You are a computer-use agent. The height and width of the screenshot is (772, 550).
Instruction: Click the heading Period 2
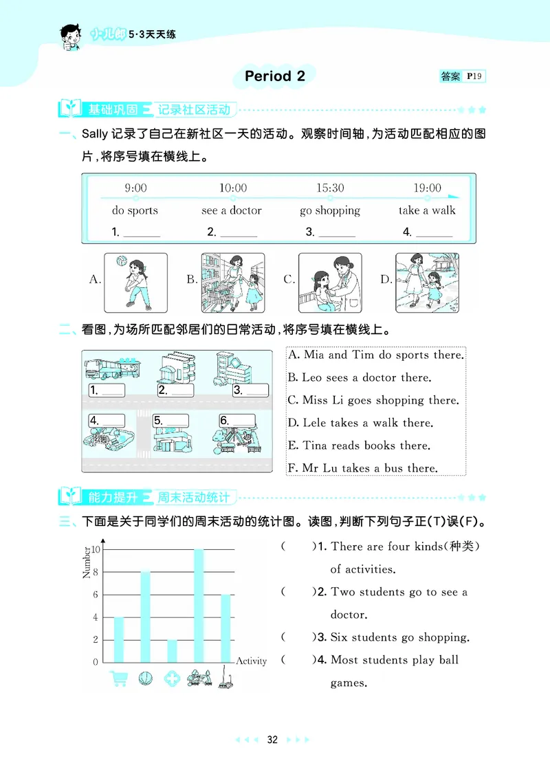[x=275, y=76]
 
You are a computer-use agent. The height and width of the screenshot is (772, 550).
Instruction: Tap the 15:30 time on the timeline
[x=330, y=188]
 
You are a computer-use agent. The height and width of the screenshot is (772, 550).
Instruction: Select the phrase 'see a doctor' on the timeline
[x=232, y=210]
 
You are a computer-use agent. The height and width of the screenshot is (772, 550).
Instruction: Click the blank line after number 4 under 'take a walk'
[x=434, y=234]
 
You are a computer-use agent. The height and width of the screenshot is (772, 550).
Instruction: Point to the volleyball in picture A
[x=120, y=261]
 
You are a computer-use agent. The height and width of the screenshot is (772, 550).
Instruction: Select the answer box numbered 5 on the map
[x=175, y=421]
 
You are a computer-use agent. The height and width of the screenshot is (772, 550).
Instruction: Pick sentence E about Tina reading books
[x=359, y=445]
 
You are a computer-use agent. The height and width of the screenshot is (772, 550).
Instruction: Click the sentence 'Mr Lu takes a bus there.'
[x=362, y=468]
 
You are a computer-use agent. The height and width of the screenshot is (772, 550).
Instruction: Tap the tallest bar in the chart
[x=198, y=605]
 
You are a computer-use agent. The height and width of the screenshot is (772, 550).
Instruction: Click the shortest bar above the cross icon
[x=171, y=650]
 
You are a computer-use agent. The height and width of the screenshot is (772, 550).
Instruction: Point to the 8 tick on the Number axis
[x=96, y=572]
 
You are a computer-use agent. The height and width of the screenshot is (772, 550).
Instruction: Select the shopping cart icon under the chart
[x=118, y=679]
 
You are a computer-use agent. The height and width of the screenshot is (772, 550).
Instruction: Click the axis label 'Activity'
[x=251, y=661]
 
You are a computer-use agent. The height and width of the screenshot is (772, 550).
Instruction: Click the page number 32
[x=272, y=740]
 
